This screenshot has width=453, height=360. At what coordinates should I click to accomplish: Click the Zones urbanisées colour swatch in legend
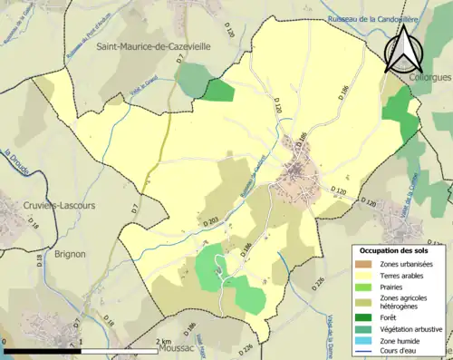coord(365,263)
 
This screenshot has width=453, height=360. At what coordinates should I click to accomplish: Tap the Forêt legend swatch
coord(365,317)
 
